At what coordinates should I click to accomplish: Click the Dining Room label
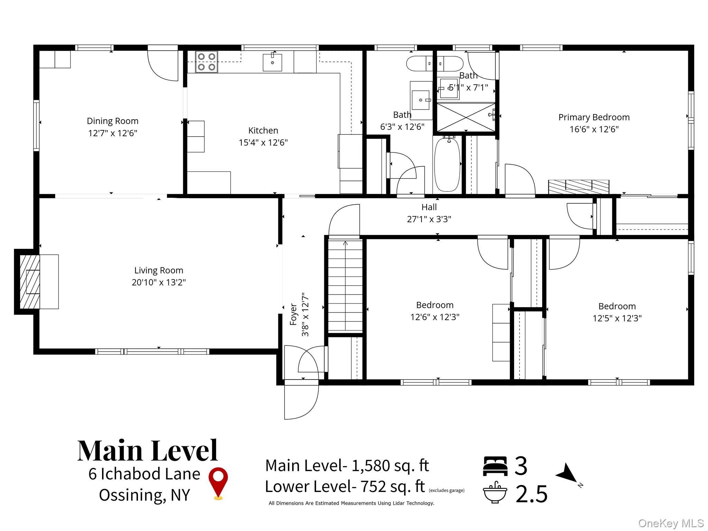112,121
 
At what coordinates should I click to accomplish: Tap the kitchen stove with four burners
206,62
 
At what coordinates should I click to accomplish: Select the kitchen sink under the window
272,63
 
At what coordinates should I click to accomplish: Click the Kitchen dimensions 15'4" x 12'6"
263,142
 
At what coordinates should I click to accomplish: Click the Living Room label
159,270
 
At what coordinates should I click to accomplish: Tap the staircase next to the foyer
345,286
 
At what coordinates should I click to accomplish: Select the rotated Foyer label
293,315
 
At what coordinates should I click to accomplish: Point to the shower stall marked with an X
466,117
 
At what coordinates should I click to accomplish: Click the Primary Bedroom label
594,117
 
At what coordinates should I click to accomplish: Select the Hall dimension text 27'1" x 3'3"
429,219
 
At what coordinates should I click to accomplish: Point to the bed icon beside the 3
495,466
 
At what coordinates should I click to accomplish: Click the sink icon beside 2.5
495,492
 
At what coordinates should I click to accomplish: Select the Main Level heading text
148,451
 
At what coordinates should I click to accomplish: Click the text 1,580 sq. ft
390,466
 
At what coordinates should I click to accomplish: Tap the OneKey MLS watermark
671,523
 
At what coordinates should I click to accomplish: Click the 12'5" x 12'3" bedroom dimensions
617,318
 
